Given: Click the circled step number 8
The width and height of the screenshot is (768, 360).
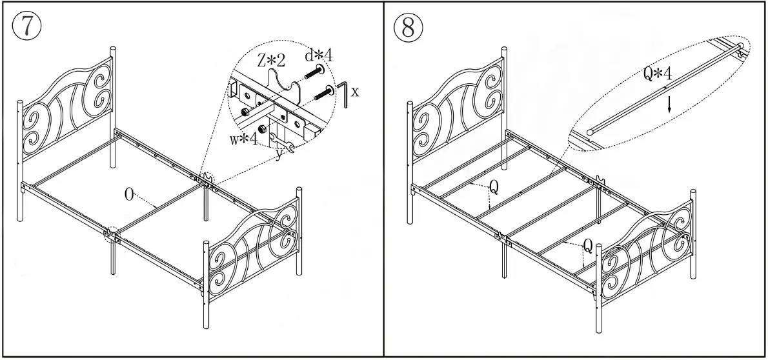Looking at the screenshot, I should [409, 27].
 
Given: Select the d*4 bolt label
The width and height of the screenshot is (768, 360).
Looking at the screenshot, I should [318, 56].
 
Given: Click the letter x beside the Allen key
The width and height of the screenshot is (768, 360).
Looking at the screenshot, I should [355, 92].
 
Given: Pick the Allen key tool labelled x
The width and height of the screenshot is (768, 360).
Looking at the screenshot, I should [345, 94].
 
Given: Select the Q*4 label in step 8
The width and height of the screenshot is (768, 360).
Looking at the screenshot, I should [658, 74].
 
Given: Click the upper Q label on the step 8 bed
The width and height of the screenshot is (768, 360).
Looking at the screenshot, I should [494, 186].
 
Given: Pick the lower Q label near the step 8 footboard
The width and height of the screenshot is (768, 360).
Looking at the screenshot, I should [587, 245].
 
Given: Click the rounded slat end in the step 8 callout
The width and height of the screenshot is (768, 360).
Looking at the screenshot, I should [590, 131].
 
